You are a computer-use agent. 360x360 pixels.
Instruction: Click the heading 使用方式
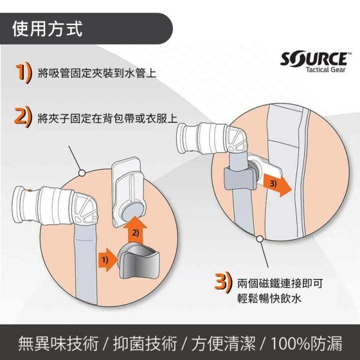pyautogui.click(x=47, y=29)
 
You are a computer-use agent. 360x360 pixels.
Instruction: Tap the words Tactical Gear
pyautogui.click(x=325, y=70)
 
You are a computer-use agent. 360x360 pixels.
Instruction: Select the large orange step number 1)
pyautogui.click(x=23, y=74)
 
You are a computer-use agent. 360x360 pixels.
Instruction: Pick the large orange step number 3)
pyautogui.click(x=223, y=283)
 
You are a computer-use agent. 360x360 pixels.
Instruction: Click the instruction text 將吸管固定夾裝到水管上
pyautogui.click(x=97, y=73)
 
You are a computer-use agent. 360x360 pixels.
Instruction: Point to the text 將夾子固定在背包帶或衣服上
pyautogui.click(x=107, y=118)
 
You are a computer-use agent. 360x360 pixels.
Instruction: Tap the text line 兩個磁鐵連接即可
pyautogui.click(x=280, y=283)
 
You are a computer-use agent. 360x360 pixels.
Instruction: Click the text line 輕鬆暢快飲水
pyautogui.click(x=269, y=298)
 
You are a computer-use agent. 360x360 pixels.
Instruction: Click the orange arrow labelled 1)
pyautogui.click(x=107, y=260)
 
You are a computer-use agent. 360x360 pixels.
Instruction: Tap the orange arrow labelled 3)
pyautogui.click(x=277, y=185)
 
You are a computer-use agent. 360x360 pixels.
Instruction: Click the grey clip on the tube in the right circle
pyautogui.click(x=240, y=179)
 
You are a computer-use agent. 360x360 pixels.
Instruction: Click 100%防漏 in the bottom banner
pyautogui.click(x=307, y=343)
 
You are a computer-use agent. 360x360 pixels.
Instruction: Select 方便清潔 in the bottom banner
pyautogui.click(x=223, y=343)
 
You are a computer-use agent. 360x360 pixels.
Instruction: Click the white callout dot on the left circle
pyautogui.click(x=82, y=173)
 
